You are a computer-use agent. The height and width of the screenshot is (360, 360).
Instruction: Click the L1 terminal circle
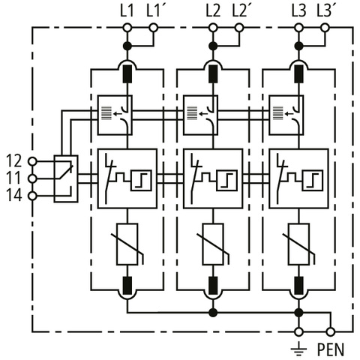pyautogui.click(x=127, y=28)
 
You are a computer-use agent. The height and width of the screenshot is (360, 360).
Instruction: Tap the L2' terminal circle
pyautogui.click(x=239, y=28)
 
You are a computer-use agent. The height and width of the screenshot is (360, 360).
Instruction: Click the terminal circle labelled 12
pyautogui.click(x=32, y=161)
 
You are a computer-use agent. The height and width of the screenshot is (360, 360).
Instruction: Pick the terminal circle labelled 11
pyautogui.click(x=32, y=178)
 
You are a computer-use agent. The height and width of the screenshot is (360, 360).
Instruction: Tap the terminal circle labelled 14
pyautogui.click(x=32, y=196)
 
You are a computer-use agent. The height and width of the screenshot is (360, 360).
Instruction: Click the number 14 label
pyautogui.click(x=14, y=196)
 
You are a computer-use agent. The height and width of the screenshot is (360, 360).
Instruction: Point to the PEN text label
pyautogui.click(x=331, y=349)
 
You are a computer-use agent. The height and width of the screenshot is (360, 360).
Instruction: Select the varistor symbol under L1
pyautogui.click(x=127, y=244)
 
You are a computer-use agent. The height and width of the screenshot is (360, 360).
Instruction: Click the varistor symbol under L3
pyautogui.click(x=299, y=244)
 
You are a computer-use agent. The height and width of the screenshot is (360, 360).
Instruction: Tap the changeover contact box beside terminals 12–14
pyautogui.click(x=66, y=178)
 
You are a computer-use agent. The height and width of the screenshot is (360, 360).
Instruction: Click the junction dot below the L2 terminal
pyautogui.click(x=213, y=46)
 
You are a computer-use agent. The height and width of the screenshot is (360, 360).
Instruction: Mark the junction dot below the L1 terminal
pyautogui.click(x=127, y=46)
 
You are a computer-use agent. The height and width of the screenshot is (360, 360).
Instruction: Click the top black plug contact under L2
pyautogui.click(x=213, y=74)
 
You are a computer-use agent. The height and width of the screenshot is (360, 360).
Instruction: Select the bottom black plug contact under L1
pyautogui.click(x=127, y=286)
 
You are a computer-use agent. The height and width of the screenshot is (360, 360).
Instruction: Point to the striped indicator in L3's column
pyautogui.click(x=278, y=113)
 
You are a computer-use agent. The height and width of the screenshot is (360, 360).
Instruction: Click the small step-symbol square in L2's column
pyautogui.click(x=227, y=180)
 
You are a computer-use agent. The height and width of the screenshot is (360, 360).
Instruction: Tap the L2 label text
pyautogui.click(x=213, y=11)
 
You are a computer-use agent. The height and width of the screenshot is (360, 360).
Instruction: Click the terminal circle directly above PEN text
pyautogui.click(x=331, y=332)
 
